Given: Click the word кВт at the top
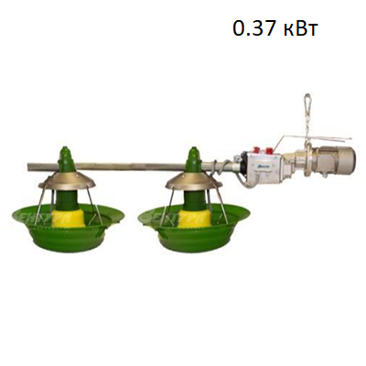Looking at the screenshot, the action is coord(299,28).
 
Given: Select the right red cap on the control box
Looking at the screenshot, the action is coord(269,150).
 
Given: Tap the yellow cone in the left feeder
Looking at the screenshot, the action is coord(67,218).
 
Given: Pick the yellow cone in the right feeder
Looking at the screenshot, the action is coord(194,218).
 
